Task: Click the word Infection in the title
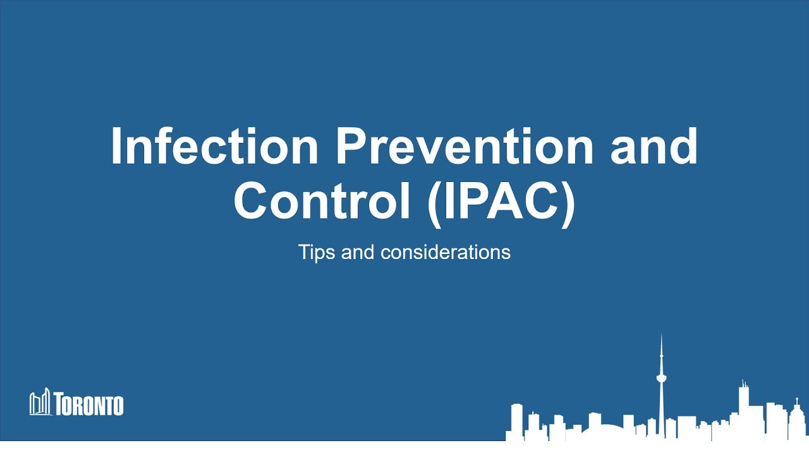click(214, 147)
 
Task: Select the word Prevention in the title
click(465, 147)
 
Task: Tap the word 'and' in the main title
click(654, 147)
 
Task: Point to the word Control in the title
click(319, 199)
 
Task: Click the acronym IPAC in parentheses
click(501, 199)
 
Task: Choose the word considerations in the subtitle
click(446, 253)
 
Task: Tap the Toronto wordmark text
click(88, 404)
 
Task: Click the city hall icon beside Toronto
click(39, 403)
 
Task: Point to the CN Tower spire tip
click(662, 336)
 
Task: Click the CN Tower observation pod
click(662, 378)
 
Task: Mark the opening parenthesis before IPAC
click(434, 200)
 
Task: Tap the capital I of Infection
click(116, 147)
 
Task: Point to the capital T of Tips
click(303, 253)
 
